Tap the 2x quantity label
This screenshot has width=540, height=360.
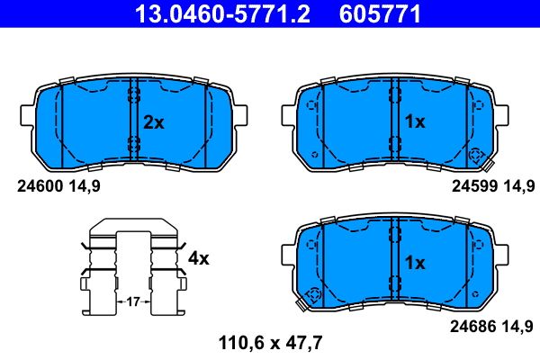tap(154, 122)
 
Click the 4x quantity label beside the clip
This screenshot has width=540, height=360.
tap(197, 258)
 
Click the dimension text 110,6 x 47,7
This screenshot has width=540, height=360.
tap(270, 341)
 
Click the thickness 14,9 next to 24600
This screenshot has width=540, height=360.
tap(83, 186)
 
